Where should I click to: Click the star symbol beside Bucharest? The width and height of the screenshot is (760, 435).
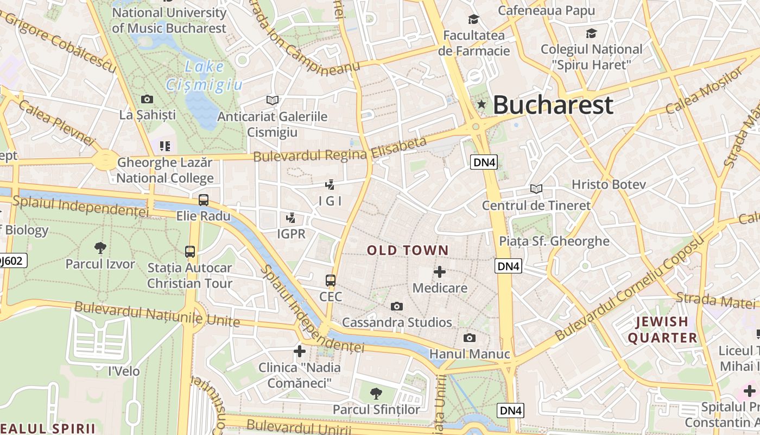pyautogui.click(x=481, y=104)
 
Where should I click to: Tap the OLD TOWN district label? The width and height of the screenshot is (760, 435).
pyautogui.click(x=408, y=251)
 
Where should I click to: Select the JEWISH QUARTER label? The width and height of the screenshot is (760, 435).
pyautogui.click(x=662, y=330)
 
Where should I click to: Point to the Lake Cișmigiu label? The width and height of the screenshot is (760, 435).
pyautogui.click(x=204, y=76)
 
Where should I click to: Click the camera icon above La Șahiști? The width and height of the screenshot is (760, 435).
pyautogui.click(x=147, y=99)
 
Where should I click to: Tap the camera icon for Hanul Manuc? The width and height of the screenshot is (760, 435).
pyautogui.click(x=470, y=338)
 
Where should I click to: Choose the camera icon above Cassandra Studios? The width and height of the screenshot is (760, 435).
pyautogui.click(x=397, y=306)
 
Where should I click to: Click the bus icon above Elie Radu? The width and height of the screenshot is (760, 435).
pyautogui.click(x=204, y=200)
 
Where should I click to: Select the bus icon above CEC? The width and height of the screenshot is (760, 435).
pyautogui.click(x=331, y=281)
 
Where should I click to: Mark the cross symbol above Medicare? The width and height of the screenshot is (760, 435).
pyautogui.click(x=440, y=271)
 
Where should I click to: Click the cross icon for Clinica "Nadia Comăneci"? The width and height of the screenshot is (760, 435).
pyautogui.click(x=300, y=351)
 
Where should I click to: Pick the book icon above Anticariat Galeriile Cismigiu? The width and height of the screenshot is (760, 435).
pyautogui.click(x=273, y=100)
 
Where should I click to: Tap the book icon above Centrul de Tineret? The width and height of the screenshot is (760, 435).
pyautogui.click(x=536, y=189)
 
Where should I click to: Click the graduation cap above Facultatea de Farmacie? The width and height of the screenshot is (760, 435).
pyautogui.click(x=474, y=20)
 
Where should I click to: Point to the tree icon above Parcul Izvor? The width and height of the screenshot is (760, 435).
pyautogui.click(x=100, y=248)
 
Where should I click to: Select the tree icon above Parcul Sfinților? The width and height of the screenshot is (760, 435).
pyautogui.click(x=376, y=393)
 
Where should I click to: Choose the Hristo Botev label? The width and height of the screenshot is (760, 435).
pyautogui.click(x=609, y=184)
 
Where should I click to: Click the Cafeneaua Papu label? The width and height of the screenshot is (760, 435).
pyautogui.click(x=546, y=10)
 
